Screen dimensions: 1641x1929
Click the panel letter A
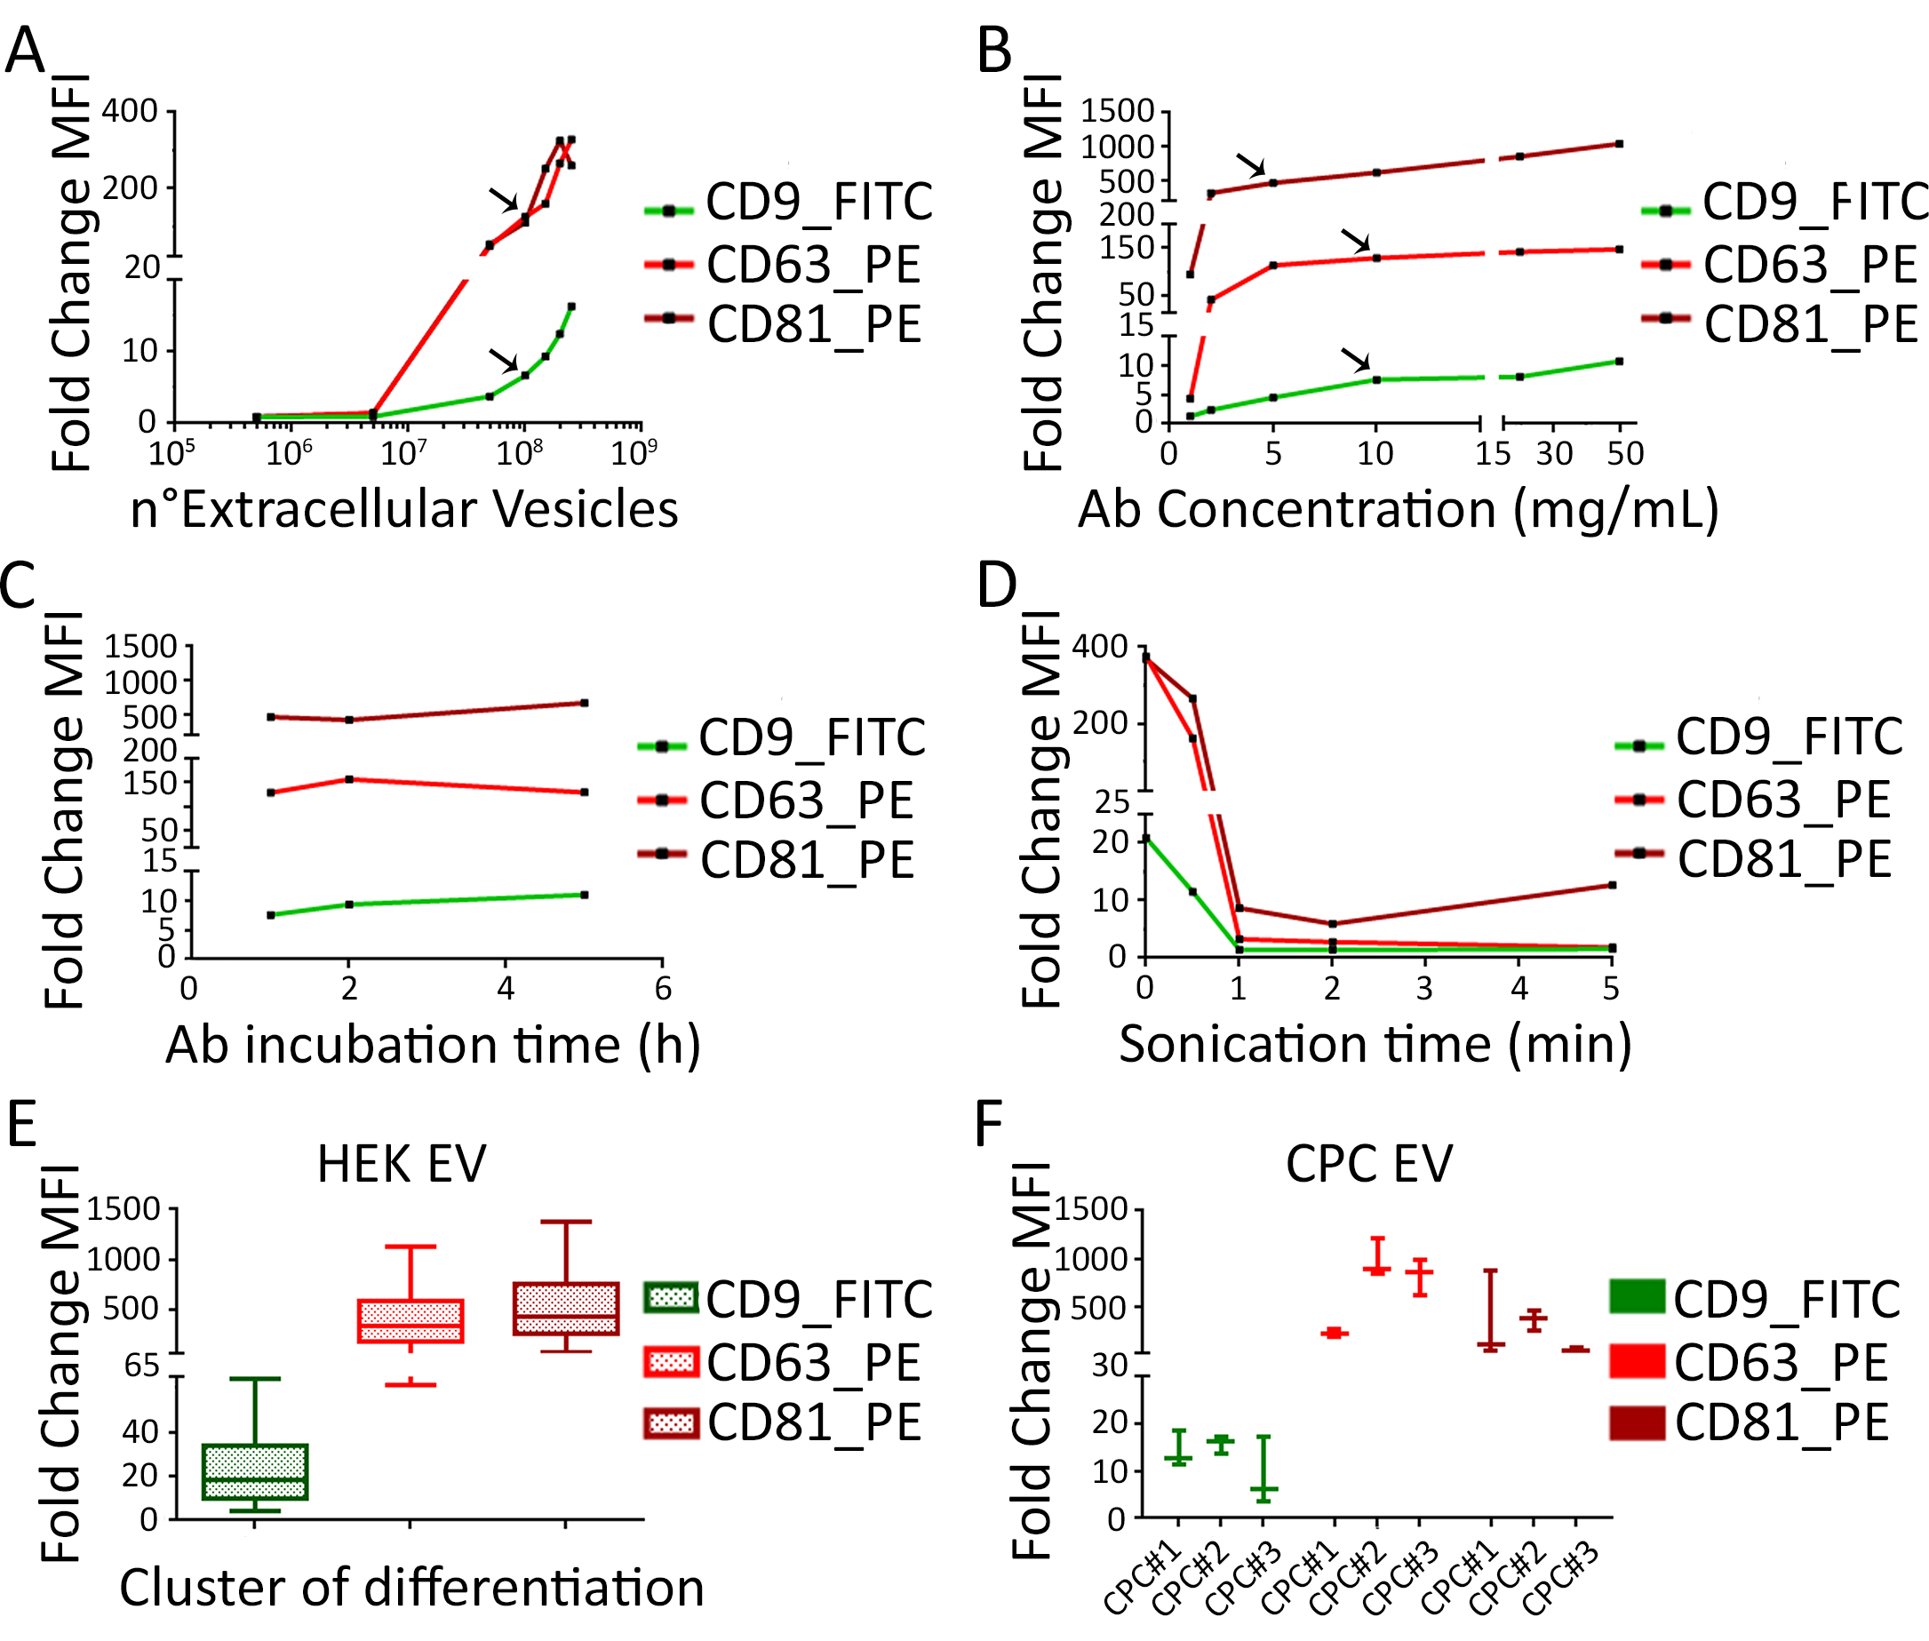click(24, 51)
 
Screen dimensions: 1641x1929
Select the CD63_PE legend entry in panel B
click(1778, 265)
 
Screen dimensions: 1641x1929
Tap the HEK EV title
click(401, 1164)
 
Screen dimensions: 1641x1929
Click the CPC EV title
click(1368, 1164)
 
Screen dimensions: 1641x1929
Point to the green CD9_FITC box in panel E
click(255, 1471)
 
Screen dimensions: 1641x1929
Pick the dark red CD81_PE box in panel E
click(565, 1309)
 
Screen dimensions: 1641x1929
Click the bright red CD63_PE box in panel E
click(411, 1321)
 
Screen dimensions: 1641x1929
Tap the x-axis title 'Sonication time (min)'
click(1375, 1044)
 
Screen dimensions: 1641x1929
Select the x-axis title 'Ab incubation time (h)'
click(433, 1045)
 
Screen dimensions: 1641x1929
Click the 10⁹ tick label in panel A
click(634, 454)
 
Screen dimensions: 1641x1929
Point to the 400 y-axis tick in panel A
click(130, 111)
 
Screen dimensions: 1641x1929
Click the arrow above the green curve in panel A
click(504, 359)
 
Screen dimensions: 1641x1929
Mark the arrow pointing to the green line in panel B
click(1356, 359)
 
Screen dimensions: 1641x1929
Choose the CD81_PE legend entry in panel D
click(1752, 859)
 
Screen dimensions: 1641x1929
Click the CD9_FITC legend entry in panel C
click(781, 737)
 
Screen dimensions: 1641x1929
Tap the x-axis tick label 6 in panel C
click(662, 989)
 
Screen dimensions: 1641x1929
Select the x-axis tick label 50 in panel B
click(1624, 454)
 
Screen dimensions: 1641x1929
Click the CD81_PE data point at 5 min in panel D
click(1612, 885)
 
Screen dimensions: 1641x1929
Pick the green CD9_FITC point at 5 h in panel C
click(584, 895)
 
